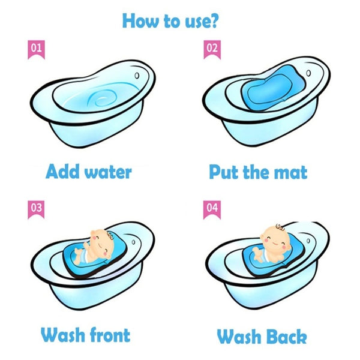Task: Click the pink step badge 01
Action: pyautogui.click(x=36, y=50)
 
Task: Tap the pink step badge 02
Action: pyautogui.click(x=212, y=50)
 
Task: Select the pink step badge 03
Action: pyautogui.click(x=36, y=209)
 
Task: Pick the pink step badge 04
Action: pyautogui.click(x=212, y=209)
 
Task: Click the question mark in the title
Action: pyautogui.click(x=214, y=21)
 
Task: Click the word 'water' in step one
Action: pyautogui.click(x=108, y=172)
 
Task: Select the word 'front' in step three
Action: pyautogui.click(x=110, y=335)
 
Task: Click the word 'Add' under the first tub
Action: pyautogui.click(x=62, y=171)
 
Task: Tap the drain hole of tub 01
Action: pyautogui.click(x=137, y=76)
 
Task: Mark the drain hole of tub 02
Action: pyautogui.click(x=308, y=73)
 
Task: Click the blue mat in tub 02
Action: pyautogui.click(x=273, y=88)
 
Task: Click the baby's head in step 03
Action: pyautogui.click(x=103, y=242)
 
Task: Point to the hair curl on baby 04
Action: pyautogui.click(x=280, y=227)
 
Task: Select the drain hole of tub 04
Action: pyautogui.click(x=308, y=241)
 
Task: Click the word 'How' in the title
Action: pyautogui.click(x=140, y=21)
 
